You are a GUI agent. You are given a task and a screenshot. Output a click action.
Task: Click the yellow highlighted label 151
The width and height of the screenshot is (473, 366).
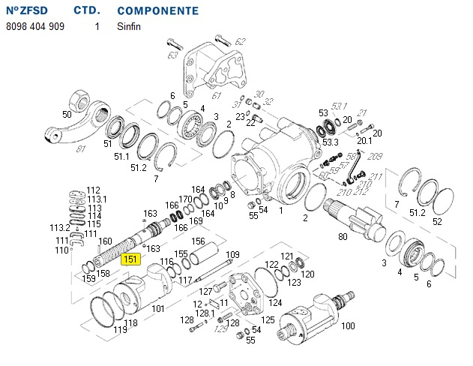131,259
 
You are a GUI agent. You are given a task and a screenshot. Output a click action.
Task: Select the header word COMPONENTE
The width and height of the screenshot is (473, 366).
158,11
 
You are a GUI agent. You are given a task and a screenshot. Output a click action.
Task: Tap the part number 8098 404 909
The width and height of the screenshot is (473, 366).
35,26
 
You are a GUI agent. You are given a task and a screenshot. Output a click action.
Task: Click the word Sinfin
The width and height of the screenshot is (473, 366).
130,26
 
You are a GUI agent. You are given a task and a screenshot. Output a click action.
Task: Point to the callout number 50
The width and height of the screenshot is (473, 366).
67,115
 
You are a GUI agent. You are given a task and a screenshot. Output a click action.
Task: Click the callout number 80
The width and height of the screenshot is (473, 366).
343,237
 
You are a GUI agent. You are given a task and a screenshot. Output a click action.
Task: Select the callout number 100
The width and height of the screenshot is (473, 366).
348,326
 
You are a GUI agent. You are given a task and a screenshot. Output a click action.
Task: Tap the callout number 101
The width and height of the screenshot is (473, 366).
158,308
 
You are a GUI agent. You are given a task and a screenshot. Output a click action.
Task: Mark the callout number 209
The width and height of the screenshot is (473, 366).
376,157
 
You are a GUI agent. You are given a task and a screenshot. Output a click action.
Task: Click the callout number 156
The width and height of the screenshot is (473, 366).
199,241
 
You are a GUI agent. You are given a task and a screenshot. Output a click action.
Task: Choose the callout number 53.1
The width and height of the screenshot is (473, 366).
340,106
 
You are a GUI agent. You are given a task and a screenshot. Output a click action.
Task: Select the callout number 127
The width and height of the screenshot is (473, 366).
205,291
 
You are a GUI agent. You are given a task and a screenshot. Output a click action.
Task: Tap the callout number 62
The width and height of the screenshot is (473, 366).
240,41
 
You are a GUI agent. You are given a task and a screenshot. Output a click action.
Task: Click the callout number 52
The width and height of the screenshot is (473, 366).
438,222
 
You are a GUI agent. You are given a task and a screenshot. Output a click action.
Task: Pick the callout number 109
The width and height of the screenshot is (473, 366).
232,254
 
